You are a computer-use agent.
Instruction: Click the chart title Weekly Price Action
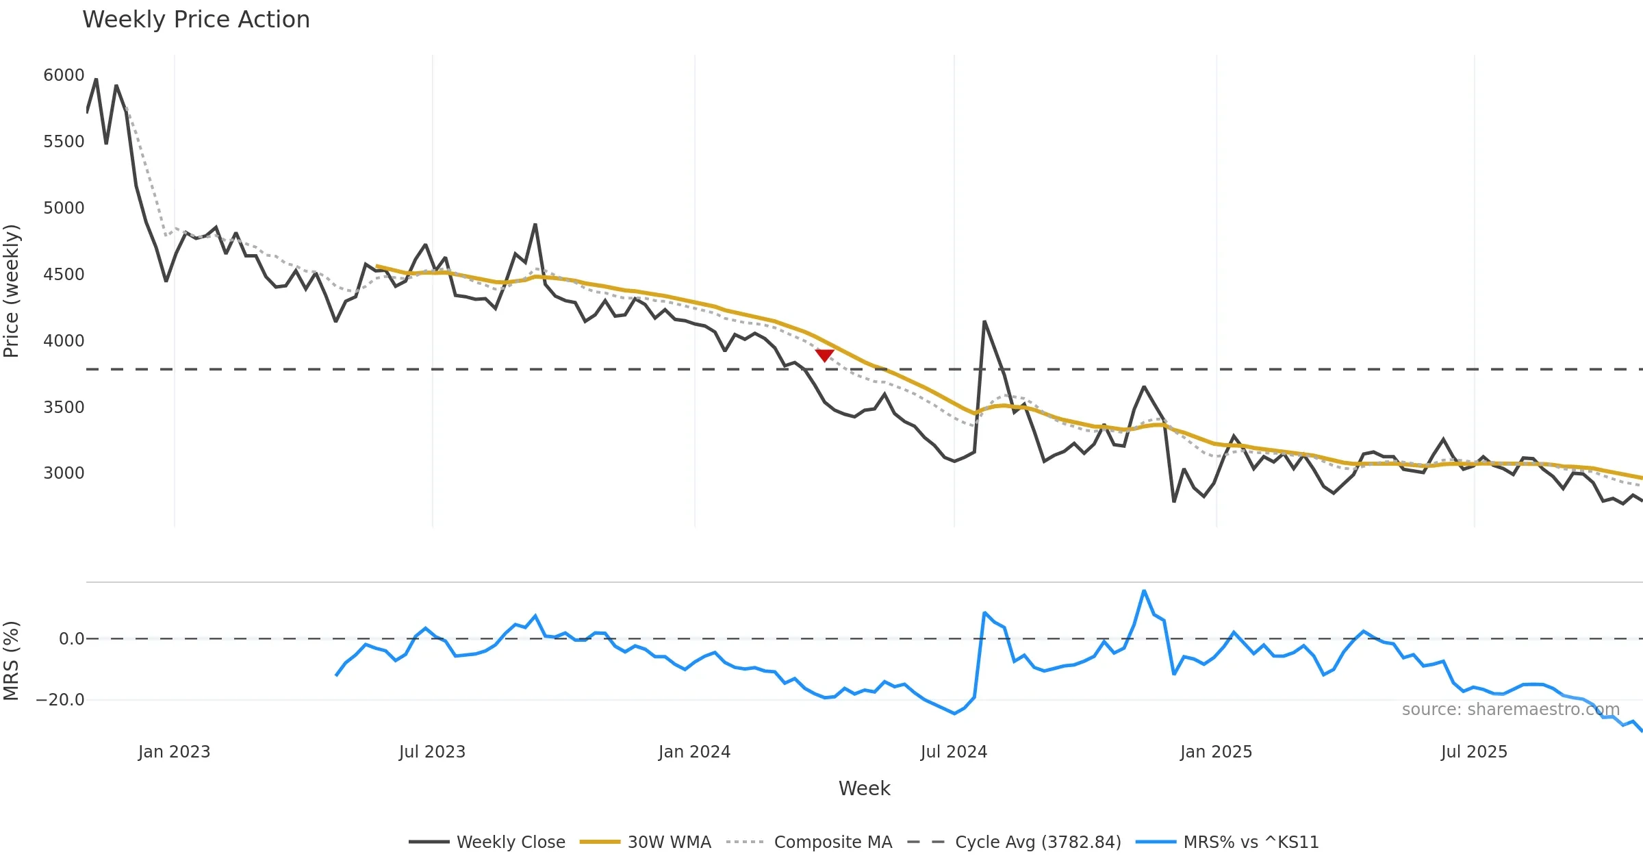[196, 20]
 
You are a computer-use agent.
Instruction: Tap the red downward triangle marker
[824, 355]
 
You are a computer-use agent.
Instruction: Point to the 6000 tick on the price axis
[64, 75]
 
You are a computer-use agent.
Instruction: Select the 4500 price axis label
[64, 275]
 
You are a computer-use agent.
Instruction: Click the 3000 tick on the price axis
[64, 473]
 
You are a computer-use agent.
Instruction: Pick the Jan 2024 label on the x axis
[694, 752]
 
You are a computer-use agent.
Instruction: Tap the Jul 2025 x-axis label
[1474, 752]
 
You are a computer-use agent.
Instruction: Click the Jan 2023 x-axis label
[174, 752]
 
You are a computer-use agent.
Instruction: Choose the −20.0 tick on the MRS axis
[60, 700]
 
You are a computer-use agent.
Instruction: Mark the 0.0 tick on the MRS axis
[71, 639]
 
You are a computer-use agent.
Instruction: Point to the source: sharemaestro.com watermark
[1510, 710]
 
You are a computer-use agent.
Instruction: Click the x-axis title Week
[864, 788]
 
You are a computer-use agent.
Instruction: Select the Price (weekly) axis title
[12, 291]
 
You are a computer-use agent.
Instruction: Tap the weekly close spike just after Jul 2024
[984, 321]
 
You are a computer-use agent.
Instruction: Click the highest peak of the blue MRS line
[1144, 590]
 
